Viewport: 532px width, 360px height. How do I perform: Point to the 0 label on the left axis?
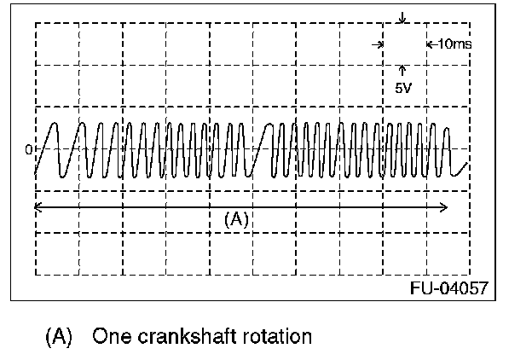tap(28, 149)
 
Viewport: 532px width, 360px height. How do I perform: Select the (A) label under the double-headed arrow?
tap(236, 219)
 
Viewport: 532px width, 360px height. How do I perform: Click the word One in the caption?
tap(112, 336)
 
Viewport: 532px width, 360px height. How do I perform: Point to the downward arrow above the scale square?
tap(402, 17)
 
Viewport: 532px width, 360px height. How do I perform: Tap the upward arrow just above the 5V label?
tap(402, 70)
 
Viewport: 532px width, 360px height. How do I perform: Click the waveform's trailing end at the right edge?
tap(465, 162)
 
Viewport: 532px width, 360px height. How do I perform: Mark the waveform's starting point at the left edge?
tap(36, 175)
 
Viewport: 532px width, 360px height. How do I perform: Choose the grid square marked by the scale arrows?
tap(403, 43)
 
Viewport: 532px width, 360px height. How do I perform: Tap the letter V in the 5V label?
tap(408, 87)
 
